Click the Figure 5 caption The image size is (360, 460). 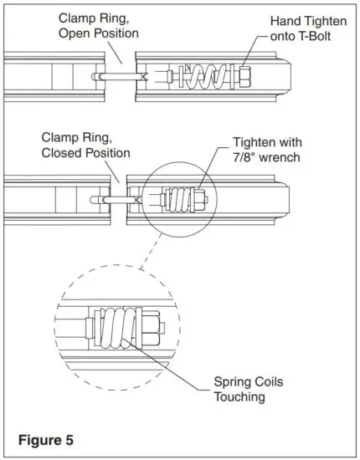click(x=46, y=438)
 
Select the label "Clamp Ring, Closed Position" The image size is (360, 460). click(x=86, y=146)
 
